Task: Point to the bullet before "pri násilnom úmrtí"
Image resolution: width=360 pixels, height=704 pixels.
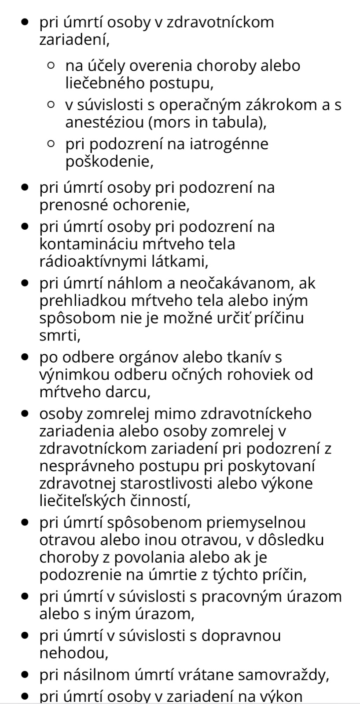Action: (26, 675)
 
